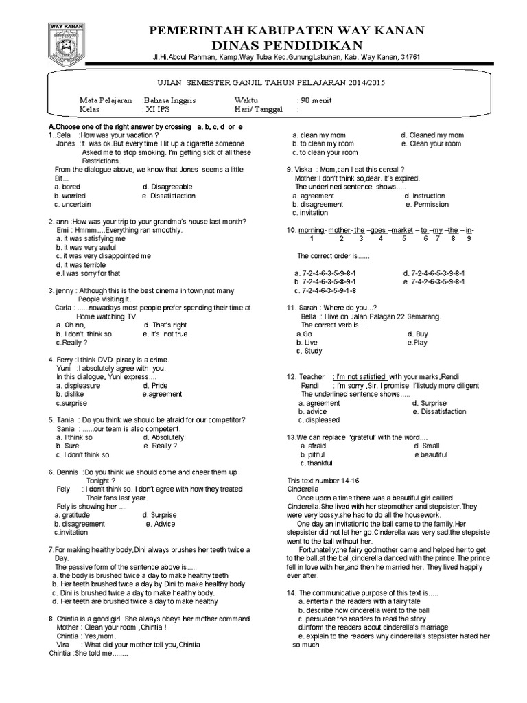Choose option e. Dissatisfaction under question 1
pos(169,196)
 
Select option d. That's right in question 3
pos(165,325)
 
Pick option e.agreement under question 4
pos(163,394)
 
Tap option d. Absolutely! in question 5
pos(165,437)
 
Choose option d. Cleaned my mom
pos(432,135)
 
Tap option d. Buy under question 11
pos(417,334)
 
